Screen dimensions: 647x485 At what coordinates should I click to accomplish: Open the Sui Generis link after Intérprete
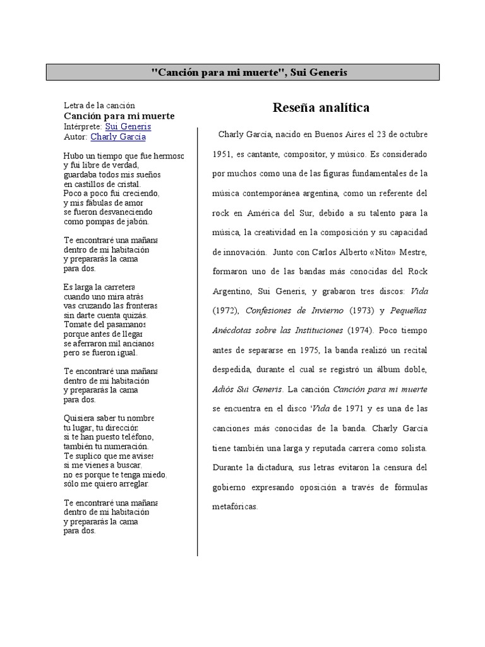[128, 126]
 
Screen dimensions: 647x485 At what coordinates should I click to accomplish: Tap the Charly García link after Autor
[118, 136]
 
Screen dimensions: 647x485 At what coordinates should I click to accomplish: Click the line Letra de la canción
[100, 105]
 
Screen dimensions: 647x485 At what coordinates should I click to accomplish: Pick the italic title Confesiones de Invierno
[295, 311]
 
